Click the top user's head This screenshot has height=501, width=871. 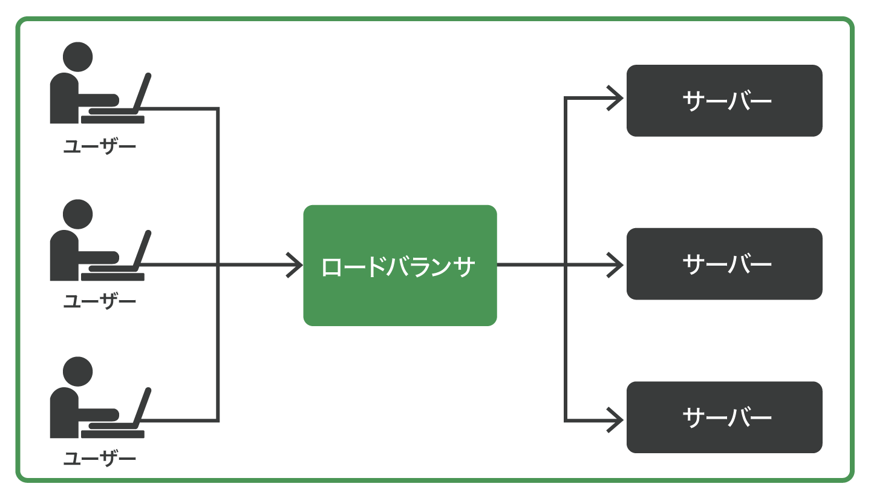(x=77, y=57)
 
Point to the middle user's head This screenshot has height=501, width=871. (x=77, y=214)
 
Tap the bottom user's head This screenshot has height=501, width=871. (x=77, y=372)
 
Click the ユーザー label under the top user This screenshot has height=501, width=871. (x=99, y=146)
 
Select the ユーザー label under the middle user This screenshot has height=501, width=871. (x=99, y=301)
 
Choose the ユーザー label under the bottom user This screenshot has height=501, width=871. (x=99, y=458)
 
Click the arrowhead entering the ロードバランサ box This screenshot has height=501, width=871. (x=296, y=264)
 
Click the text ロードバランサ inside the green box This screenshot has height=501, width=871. (x=399, y=267)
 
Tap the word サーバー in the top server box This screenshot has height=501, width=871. (x=726, y=100)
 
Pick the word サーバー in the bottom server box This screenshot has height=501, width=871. (x=726, y=417)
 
